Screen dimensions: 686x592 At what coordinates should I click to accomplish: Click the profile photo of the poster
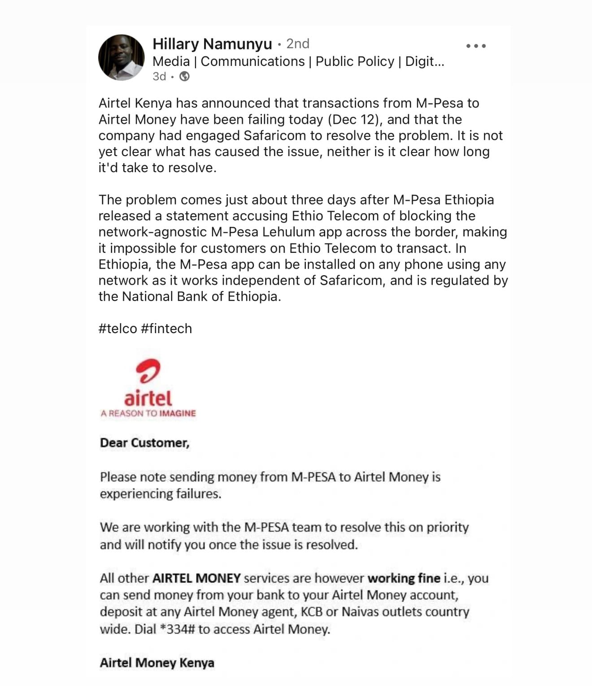[121, 57]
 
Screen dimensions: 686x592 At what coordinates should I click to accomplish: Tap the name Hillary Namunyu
[212, 44]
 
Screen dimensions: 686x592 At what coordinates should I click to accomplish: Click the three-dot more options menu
[476, 46]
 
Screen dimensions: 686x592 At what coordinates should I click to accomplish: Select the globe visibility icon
[184, 77]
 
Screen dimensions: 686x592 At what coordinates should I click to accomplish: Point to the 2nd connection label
[298, 44]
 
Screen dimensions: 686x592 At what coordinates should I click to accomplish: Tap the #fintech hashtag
[166, 329]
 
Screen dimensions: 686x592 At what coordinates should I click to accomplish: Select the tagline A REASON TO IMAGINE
[148, 413]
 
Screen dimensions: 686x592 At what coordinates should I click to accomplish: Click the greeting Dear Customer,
[144, 443]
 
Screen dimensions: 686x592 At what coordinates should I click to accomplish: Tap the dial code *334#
[177, 629]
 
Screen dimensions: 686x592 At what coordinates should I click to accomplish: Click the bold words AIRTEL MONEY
[196, 578]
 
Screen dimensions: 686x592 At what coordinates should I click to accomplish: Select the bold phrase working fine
[404, 578]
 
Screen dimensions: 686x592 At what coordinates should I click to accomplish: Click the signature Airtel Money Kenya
[157, 663]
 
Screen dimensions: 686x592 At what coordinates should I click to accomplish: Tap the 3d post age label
[159, 77]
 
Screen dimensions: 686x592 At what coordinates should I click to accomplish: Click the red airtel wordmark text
[148, 398]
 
